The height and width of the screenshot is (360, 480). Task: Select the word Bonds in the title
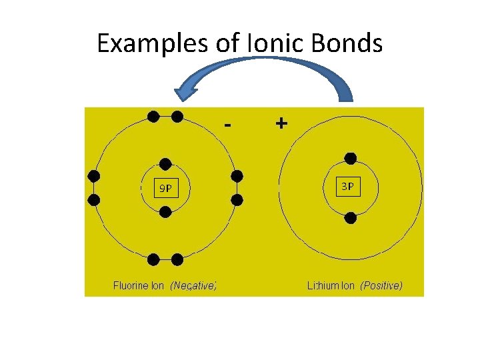pyautogui.click(x=349, y=44)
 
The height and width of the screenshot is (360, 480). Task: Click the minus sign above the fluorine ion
pyautogui.click(x=229, y=125)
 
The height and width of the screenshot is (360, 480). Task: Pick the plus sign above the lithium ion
pyautogui.click(x=281, y=123)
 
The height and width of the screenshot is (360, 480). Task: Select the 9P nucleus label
pyautogui.click(x=165, y=189)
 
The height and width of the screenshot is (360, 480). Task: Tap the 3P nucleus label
pyautogui.click(x=348, y=187)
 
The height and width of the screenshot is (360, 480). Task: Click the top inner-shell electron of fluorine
pyautogui.click(x=165, y=164)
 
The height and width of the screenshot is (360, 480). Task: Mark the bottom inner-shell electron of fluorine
pyautogui.click(x=166, y=212)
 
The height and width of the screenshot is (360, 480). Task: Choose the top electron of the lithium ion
pyautogui.click(x=350, y=159)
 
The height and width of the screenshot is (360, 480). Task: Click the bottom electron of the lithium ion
pyautogui.click(x=351, y=217)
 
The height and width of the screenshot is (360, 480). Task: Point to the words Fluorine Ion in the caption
pyautogui.click(x=139, y=286)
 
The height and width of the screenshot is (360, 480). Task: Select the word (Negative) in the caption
pyautogui.click(x=193, y=286)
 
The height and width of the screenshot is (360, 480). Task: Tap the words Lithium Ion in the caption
pyautogui.click(x=331, y=286)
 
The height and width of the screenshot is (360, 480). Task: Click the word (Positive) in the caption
pyautogui.click(x=381, y=286)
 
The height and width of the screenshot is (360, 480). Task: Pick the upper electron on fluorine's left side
pyautogui.click(x=94, y=176)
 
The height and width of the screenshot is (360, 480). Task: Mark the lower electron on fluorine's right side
pyautogui.click(x=237, y=199)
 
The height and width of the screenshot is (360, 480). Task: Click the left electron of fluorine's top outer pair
pyautogui.click(x=153, y=117)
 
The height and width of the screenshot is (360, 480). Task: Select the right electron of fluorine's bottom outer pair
pyautogui.click(x=177, y=259)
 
